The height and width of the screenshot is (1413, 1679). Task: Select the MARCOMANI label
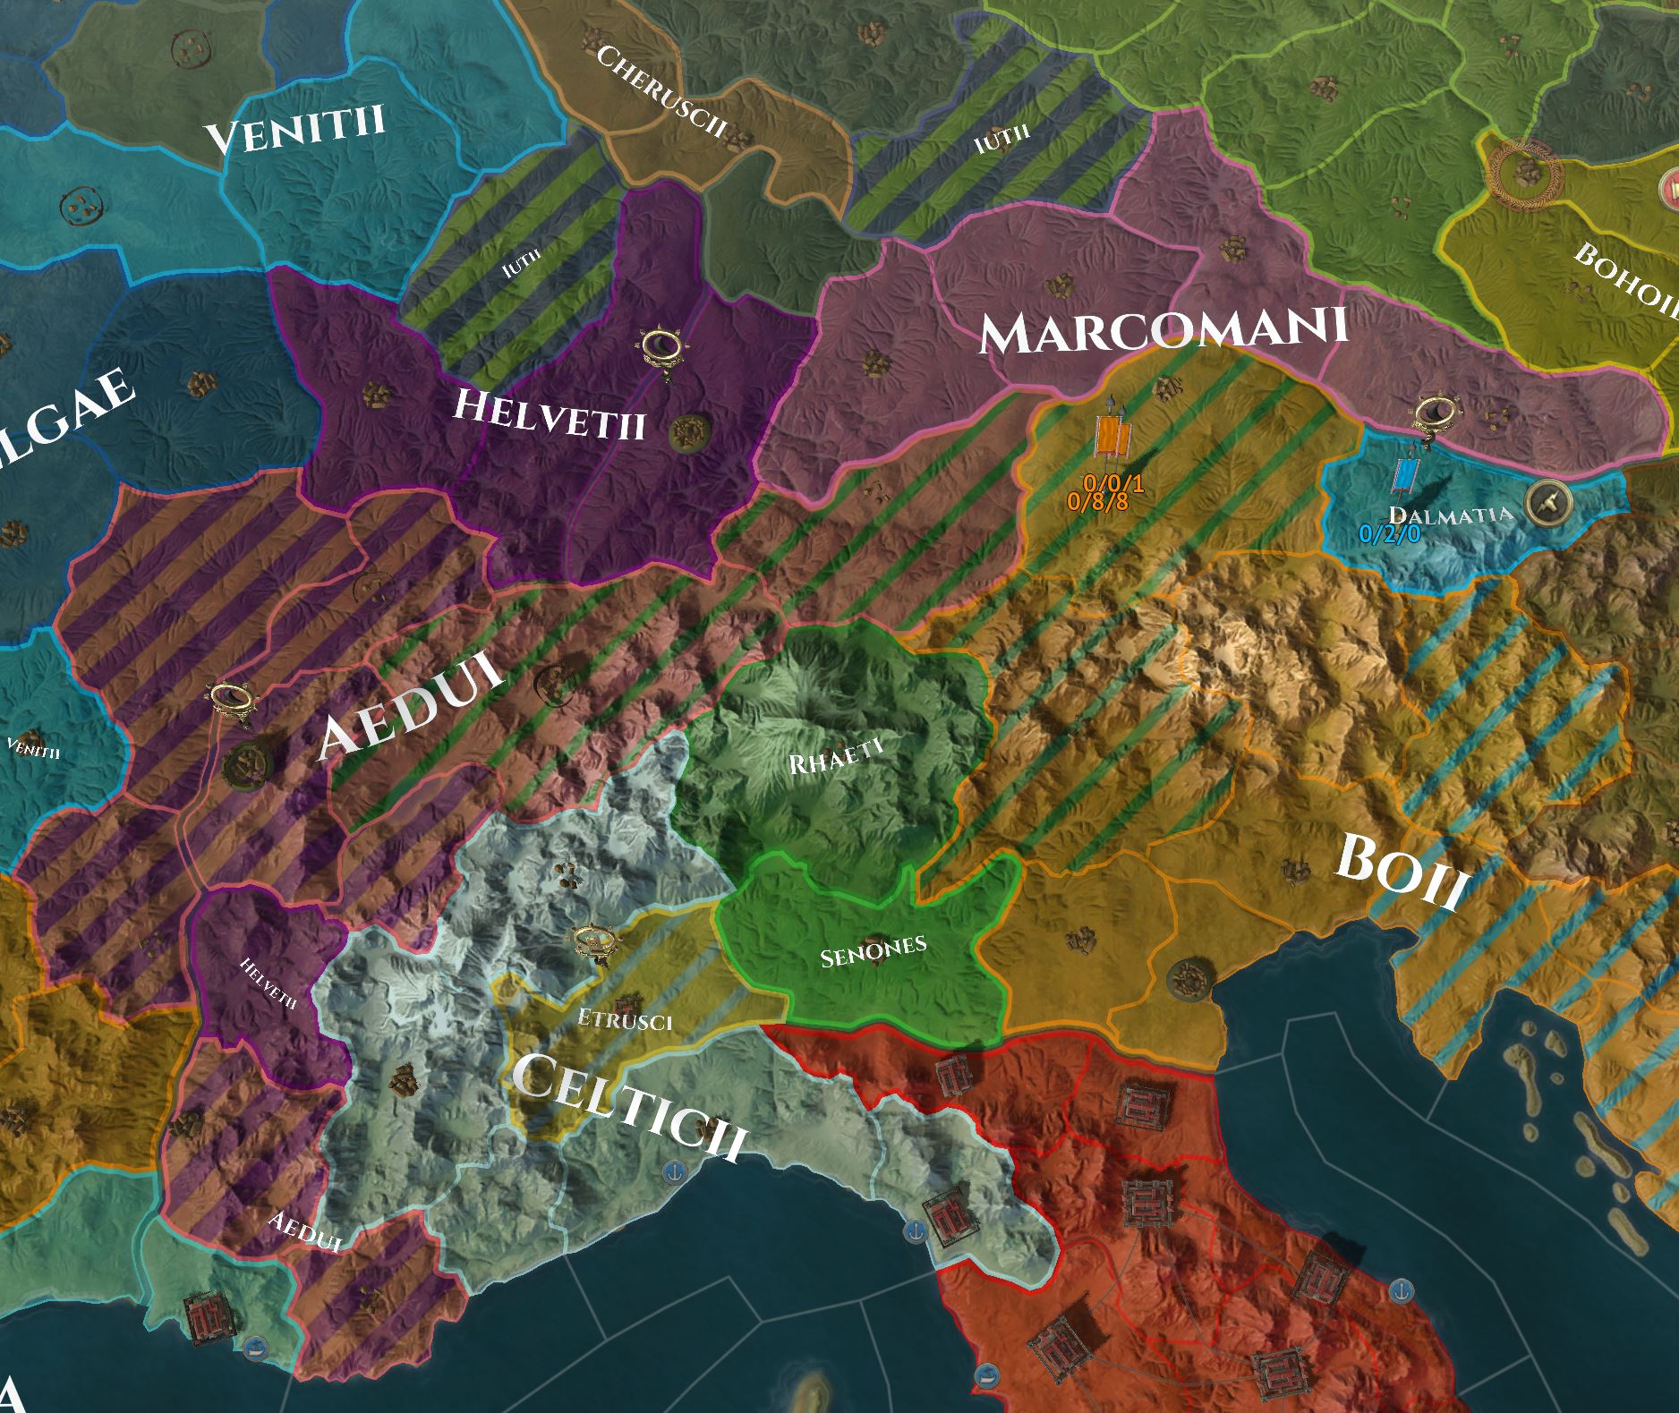click(1163, 331)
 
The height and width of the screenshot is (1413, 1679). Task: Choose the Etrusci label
click(624, 1020)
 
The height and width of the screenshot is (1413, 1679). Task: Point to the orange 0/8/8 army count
click(1097, 502)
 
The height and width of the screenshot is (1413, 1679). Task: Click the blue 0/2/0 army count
click(1389, 534)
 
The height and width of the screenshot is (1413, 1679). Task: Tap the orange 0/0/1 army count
click(1112, 484)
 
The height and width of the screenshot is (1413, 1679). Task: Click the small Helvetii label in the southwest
click(268, 983)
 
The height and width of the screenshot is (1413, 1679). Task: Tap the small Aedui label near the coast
click(305, 1232)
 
